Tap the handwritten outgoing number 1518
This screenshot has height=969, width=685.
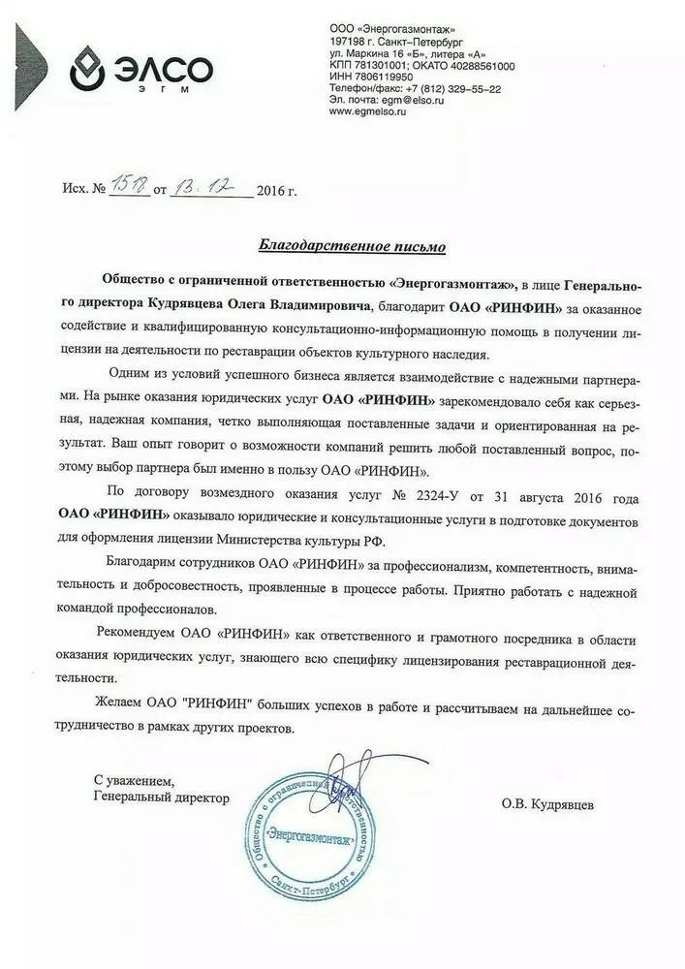coord(128,187)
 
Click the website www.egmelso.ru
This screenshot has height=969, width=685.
coord(367,112)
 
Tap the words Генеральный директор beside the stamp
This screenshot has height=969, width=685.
coord(162,797)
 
